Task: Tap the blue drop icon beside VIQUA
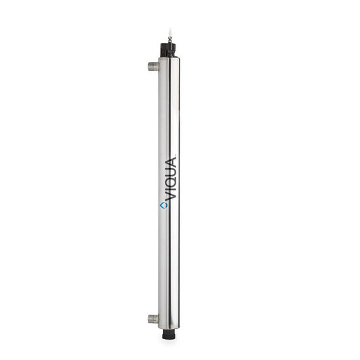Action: [x=163, y=204]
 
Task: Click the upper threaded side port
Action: [x=154, y=67]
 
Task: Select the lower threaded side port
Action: [x=154, y=318]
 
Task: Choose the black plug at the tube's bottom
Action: [x=170, y=333]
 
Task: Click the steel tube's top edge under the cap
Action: [x=170, y=59]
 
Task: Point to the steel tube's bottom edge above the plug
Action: [x=170, y=327]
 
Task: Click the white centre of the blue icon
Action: [x=163, y=204]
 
